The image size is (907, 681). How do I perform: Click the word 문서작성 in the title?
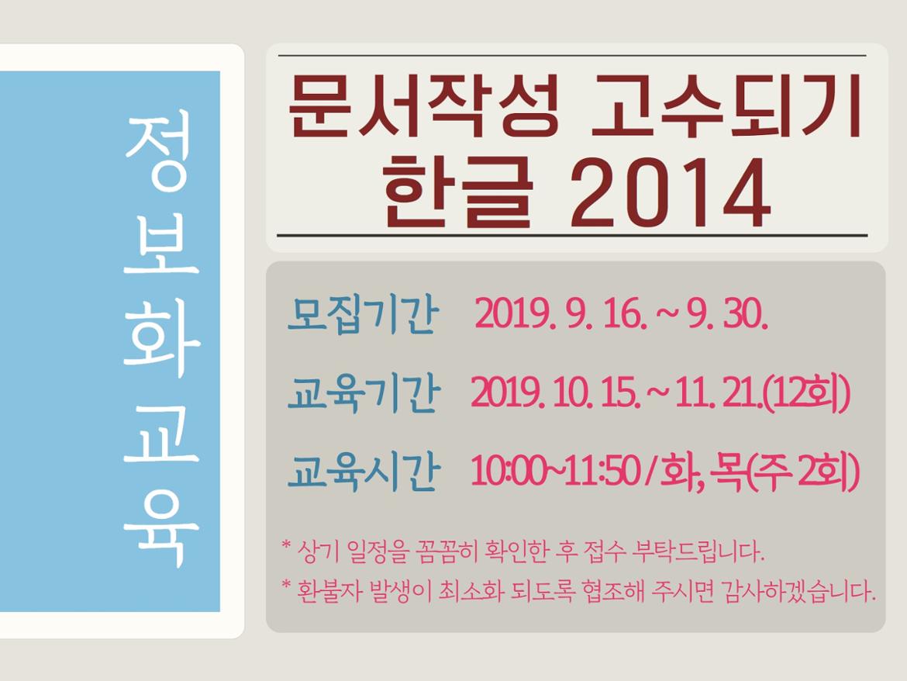[x=422, y=106]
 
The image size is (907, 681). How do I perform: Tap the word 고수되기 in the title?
[x=727, y=106]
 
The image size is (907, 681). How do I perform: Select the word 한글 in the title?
[x=457, y=192]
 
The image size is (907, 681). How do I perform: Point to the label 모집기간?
[x=363, y=316]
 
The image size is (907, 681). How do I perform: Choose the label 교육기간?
[x=364, y=394]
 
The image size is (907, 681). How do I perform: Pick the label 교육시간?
[x=364, y=472]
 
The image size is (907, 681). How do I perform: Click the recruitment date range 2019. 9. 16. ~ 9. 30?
[x=621, y=316]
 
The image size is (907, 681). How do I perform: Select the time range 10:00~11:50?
[x=555, y=472]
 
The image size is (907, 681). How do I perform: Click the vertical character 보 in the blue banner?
[x=161, y=244]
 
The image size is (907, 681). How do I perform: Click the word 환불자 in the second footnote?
[x=329, y=591]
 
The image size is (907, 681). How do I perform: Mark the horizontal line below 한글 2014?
[x=573, y=236]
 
